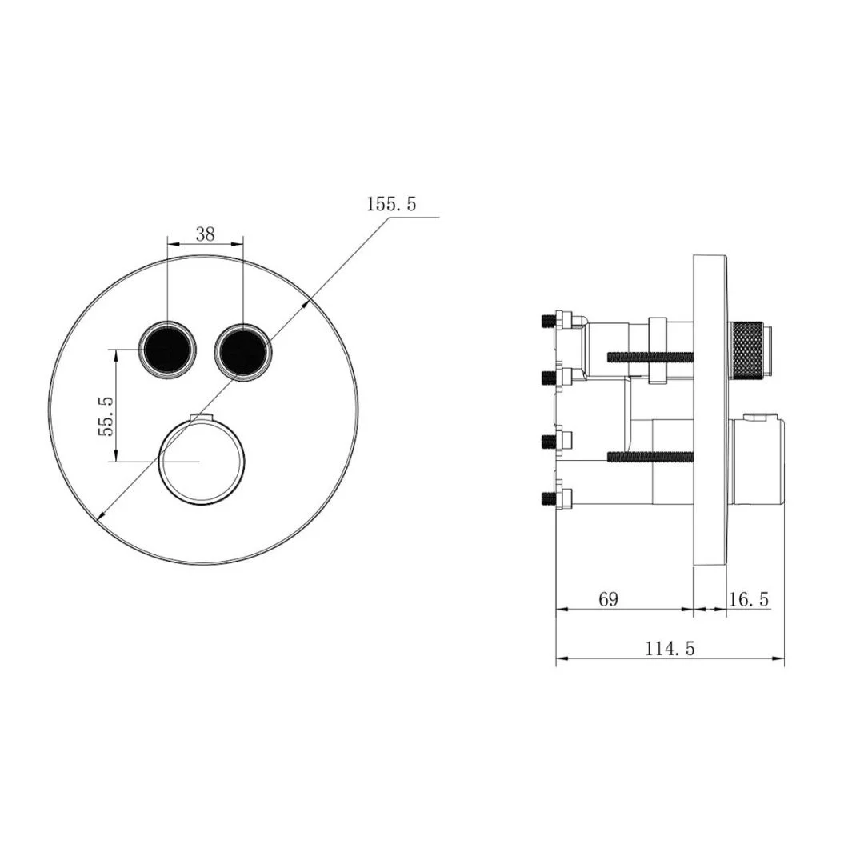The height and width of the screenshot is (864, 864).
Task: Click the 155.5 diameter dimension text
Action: click(x=391, y=205)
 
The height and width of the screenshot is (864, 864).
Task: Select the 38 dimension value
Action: click(x=205, y=234)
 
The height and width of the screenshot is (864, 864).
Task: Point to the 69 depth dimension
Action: click(x=609, y=599)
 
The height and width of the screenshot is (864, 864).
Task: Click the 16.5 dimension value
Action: click(x=750, y=599)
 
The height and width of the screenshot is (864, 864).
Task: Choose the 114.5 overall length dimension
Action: click(x=670, y=649)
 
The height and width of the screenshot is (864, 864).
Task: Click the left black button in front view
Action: click(x=168, y=348)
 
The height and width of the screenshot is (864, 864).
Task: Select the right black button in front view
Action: click(x=242, y=348)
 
